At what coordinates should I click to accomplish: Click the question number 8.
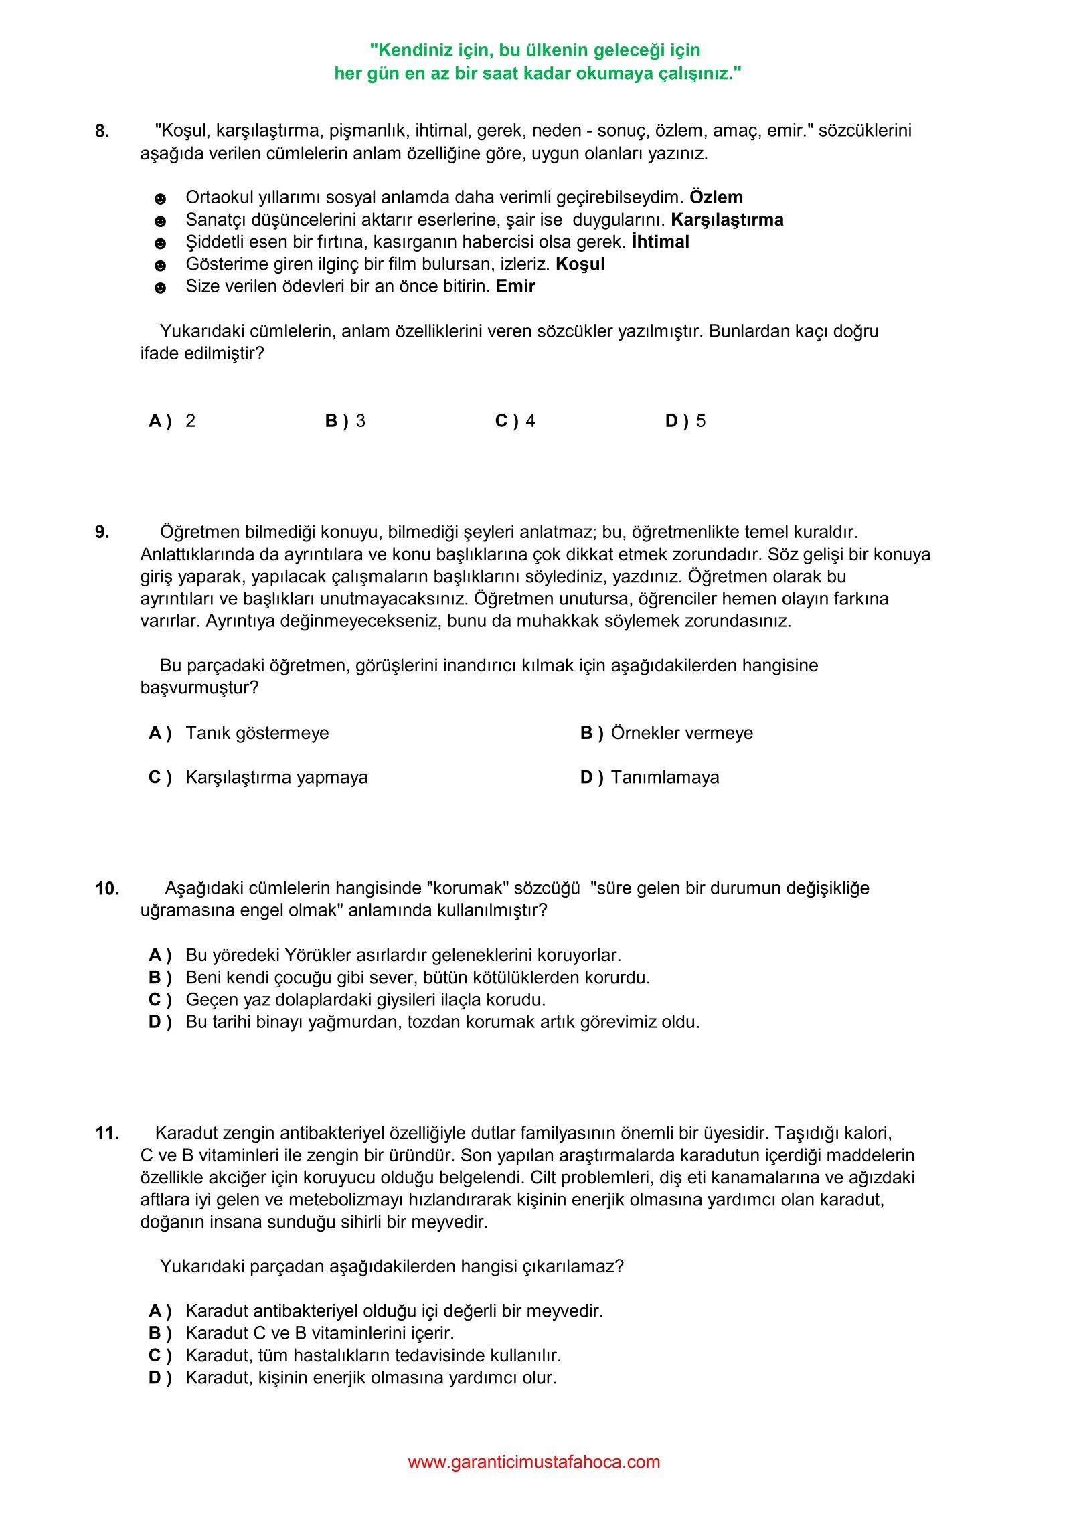coord(102,131)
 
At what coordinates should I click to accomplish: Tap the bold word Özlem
coord(716,197)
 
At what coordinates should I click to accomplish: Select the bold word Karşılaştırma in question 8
coord(727,220)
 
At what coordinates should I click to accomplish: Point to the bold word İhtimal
coord(660,242)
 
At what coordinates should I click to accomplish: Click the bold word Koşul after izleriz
coord(580,264)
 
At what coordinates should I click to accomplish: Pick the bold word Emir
coord(515,286)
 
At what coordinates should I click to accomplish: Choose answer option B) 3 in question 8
coord(345,421)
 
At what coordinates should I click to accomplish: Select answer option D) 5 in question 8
coord(685,421)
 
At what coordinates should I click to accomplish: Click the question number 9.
coord(102,533)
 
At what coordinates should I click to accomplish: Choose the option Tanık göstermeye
coord(257,733)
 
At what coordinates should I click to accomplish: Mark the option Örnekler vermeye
coord(681,733)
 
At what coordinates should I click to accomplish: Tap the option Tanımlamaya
coord(665,778)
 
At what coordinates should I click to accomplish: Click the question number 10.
coord(107,889)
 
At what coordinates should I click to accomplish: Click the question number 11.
coord(107,1134)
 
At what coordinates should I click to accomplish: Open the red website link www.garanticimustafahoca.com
coord(534,1462)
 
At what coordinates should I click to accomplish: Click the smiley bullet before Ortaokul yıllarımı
coord(160,199)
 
